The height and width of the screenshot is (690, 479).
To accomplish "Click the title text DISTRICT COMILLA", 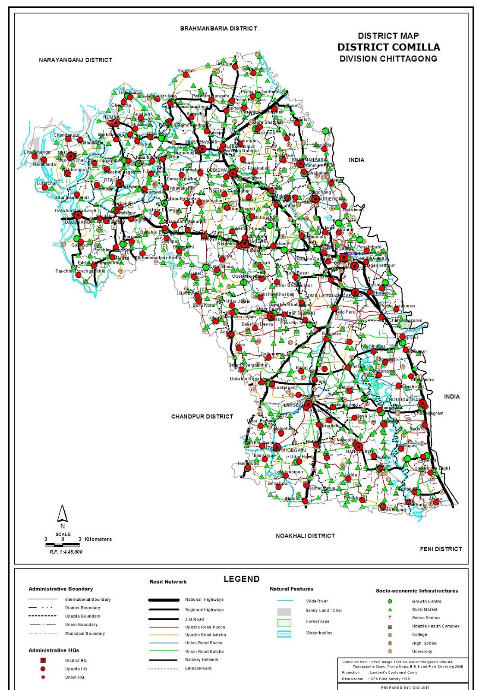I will point(388,47).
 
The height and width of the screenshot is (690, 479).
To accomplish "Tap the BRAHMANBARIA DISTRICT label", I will point(218,28).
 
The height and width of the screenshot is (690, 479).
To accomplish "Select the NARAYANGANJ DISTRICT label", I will point(76,60).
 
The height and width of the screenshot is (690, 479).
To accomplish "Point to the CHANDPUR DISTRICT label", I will point(202,417).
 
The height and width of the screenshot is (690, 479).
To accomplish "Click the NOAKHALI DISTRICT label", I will point(305,536).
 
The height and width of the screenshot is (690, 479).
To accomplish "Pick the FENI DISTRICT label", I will point(441,549).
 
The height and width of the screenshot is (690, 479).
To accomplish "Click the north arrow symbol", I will point(63,514).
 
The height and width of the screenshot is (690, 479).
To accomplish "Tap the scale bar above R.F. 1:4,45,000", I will point(63,545).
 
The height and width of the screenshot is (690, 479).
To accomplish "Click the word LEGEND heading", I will point(242,579).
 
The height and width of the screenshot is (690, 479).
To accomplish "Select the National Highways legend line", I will point(164,600).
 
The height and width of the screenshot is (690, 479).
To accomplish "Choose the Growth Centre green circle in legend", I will point(390,601).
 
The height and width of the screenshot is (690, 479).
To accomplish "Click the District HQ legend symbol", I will point(43,660).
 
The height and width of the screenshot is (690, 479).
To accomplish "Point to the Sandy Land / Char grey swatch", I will point(284,612).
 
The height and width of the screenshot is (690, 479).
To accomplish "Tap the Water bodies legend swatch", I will point(284,634).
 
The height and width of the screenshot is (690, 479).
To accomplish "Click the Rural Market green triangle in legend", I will point(390,609).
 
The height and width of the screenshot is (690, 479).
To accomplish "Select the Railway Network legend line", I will point(164,660).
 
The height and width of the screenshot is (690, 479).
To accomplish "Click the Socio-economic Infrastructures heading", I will point(417,591).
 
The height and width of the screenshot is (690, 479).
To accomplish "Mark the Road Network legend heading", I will point(168,582).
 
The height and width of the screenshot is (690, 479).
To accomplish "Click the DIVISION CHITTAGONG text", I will point(388,59).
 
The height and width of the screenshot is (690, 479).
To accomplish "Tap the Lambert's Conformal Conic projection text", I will point(393,672).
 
